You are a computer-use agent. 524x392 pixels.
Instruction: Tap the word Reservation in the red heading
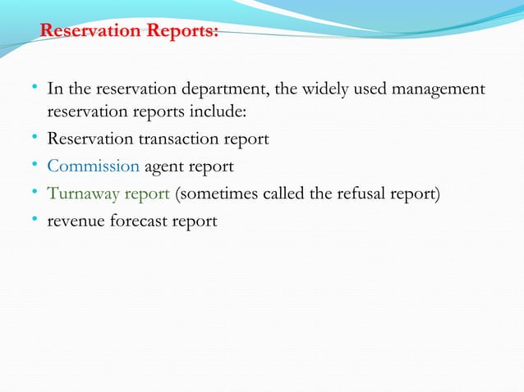coord(91,31)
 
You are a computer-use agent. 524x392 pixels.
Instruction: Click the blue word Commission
coord(93,166)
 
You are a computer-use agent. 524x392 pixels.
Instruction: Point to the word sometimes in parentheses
coord(214,194)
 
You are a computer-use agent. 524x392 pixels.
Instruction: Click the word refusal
coord(361,194)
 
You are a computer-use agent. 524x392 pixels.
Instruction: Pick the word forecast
coord(140,221)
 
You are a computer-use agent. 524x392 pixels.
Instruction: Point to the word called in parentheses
coord(273,194)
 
